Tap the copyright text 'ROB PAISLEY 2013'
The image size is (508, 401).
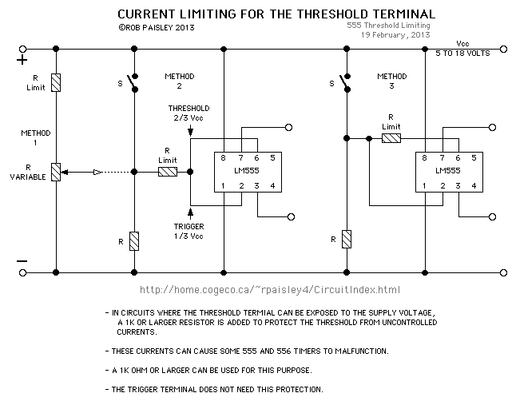click(x=158, y=27)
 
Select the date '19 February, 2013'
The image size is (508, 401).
click(x=395, y=36)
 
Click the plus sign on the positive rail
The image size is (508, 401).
click(x=22, y=59)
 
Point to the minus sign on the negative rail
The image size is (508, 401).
click(x=22, y=261)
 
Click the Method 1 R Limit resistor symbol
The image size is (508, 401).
click(x=55, y=82)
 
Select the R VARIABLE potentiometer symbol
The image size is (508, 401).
click(x=55, y=171)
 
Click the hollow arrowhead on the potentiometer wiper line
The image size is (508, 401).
click(x=97, y=171)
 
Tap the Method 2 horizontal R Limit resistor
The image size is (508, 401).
click(x=168, y=171)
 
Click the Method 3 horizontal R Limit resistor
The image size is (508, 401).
click(x=391, y=138)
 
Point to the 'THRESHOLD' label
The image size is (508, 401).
click(x=189, y=108)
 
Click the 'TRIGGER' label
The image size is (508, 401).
click(x=189, y=226)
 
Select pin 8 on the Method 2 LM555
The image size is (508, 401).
click(x=225, y=158)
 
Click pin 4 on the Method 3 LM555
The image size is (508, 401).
click(x=474, y=186)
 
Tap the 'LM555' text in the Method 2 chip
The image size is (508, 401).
click(x=248, y=172)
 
